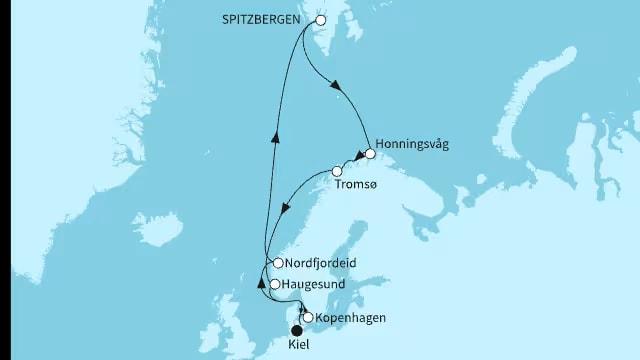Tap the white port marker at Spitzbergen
[x=321, y=20]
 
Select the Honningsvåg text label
[x=414, y=144]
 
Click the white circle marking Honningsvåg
[x=370, y=154]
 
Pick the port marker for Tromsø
[x=337, y=171]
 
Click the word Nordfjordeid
[x=321, y=263]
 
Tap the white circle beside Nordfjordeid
[x=277, y=263]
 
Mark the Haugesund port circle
[x=275, y=284]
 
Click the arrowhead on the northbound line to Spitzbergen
[x=276, y=140]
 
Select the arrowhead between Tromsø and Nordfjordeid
[x=286, y=212]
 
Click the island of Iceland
[x=160, y=231]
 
